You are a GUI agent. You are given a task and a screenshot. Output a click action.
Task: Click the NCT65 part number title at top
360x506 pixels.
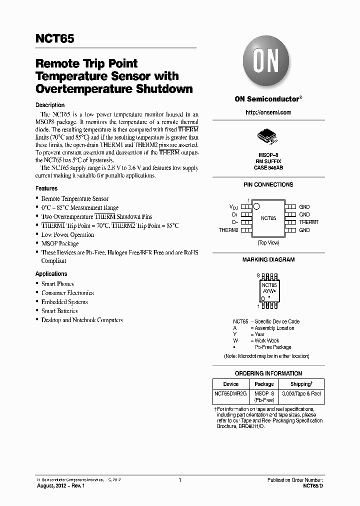tap(54, 39)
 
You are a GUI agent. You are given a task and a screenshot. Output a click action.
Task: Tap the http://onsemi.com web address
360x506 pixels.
tap(268, 112)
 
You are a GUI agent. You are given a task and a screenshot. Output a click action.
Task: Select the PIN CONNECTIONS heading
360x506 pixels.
tap(268, 184)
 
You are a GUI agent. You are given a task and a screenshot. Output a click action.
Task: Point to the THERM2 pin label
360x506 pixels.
tap(228, 230)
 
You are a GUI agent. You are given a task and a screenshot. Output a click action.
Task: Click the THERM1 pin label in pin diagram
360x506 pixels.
tap(308, 222)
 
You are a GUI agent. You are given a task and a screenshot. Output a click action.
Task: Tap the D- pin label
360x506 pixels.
tap(234, 222)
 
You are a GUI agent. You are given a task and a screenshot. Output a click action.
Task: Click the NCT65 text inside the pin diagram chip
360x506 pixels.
tap(268, 218)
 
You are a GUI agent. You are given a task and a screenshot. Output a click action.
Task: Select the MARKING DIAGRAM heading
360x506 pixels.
tap(268, 259)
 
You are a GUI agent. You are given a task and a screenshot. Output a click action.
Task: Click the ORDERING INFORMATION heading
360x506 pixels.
tap(268, 373)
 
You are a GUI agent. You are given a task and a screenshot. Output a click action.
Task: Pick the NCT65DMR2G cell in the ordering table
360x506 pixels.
tap(230, 394)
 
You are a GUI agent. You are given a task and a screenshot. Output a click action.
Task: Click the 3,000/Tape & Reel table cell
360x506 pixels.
tap(301, 394)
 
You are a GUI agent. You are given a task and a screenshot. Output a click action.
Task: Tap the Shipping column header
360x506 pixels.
tap(301, 384)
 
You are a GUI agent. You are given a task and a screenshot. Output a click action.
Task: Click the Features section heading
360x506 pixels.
tap(46, 188)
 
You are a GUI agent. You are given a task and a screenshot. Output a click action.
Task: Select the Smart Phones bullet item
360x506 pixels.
tap(57, 284)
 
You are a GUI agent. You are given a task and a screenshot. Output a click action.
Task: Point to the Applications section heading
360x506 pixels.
tap(51, 274)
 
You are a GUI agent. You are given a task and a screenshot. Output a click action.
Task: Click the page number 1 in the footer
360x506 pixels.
tap(179, 480)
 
